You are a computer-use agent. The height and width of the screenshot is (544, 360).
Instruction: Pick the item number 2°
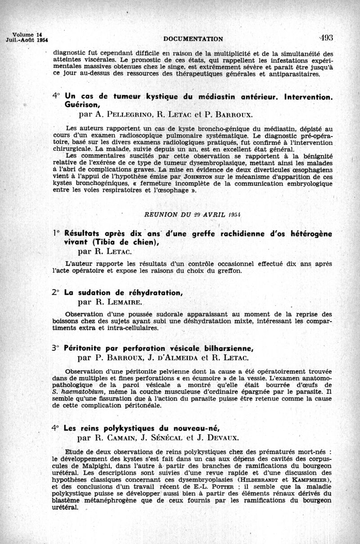(56, 292)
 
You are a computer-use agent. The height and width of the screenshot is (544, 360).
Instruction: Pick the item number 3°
(56, 348)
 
